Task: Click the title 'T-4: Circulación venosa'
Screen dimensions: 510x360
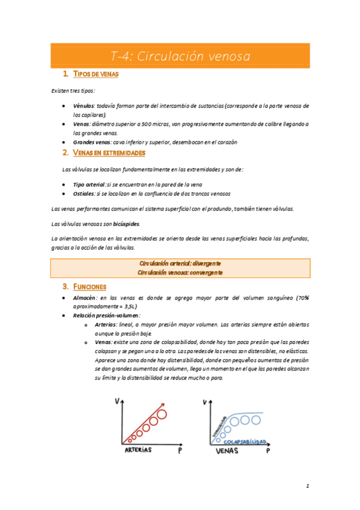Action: coord(180,57)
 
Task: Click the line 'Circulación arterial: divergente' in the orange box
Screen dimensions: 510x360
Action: coord(180,263)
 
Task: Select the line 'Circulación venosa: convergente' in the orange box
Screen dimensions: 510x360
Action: coord(180,272)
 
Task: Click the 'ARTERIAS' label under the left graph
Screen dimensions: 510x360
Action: coord(138,450)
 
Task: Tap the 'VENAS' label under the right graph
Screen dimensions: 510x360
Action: coord(228,450)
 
